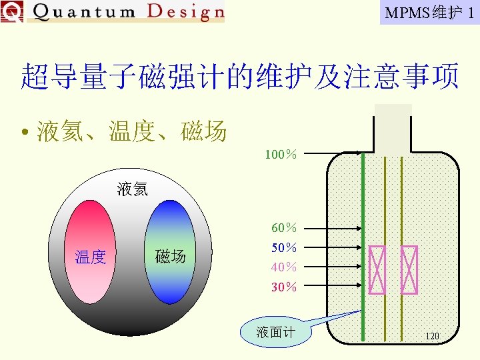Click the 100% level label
point(281,155)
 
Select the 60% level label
point(284,229)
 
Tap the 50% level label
point(284,248)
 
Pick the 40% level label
point(284,267)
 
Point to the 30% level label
point(284,287)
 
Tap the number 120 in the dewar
point(432,336)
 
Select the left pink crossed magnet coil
point(378,269)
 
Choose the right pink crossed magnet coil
point(409,269)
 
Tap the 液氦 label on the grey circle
point(132,189)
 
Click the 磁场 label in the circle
point(170,256)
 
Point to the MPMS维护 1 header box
point(429,12)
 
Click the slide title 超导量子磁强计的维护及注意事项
point(240,77)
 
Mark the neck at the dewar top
point(393,127)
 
